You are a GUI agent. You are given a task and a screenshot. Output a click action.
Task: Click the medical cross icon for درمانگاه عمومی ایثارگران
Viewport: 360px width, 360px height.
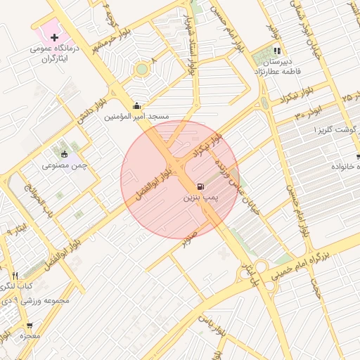click(54, 37)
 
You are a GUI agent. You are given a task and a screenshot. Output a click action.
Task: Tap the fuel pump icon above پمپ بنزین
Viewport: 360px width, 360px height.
click(202, 186)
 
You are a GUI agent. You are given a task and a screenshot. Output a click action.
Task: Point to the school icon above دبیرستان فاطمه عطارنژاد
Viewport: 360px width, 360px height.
click(277, 51)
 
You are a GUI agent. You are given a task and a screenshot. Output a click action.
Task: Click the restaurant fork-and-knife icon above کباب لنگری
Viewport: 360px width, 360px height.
click(15, 275)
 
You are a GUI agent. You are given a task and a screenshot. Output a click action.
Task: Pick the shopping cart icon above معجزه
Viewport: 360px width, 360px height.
click(30, 326)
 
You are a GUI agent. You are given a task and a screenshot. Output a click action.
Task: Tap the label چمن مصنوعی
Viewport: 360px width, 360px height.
click(64, 165)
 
